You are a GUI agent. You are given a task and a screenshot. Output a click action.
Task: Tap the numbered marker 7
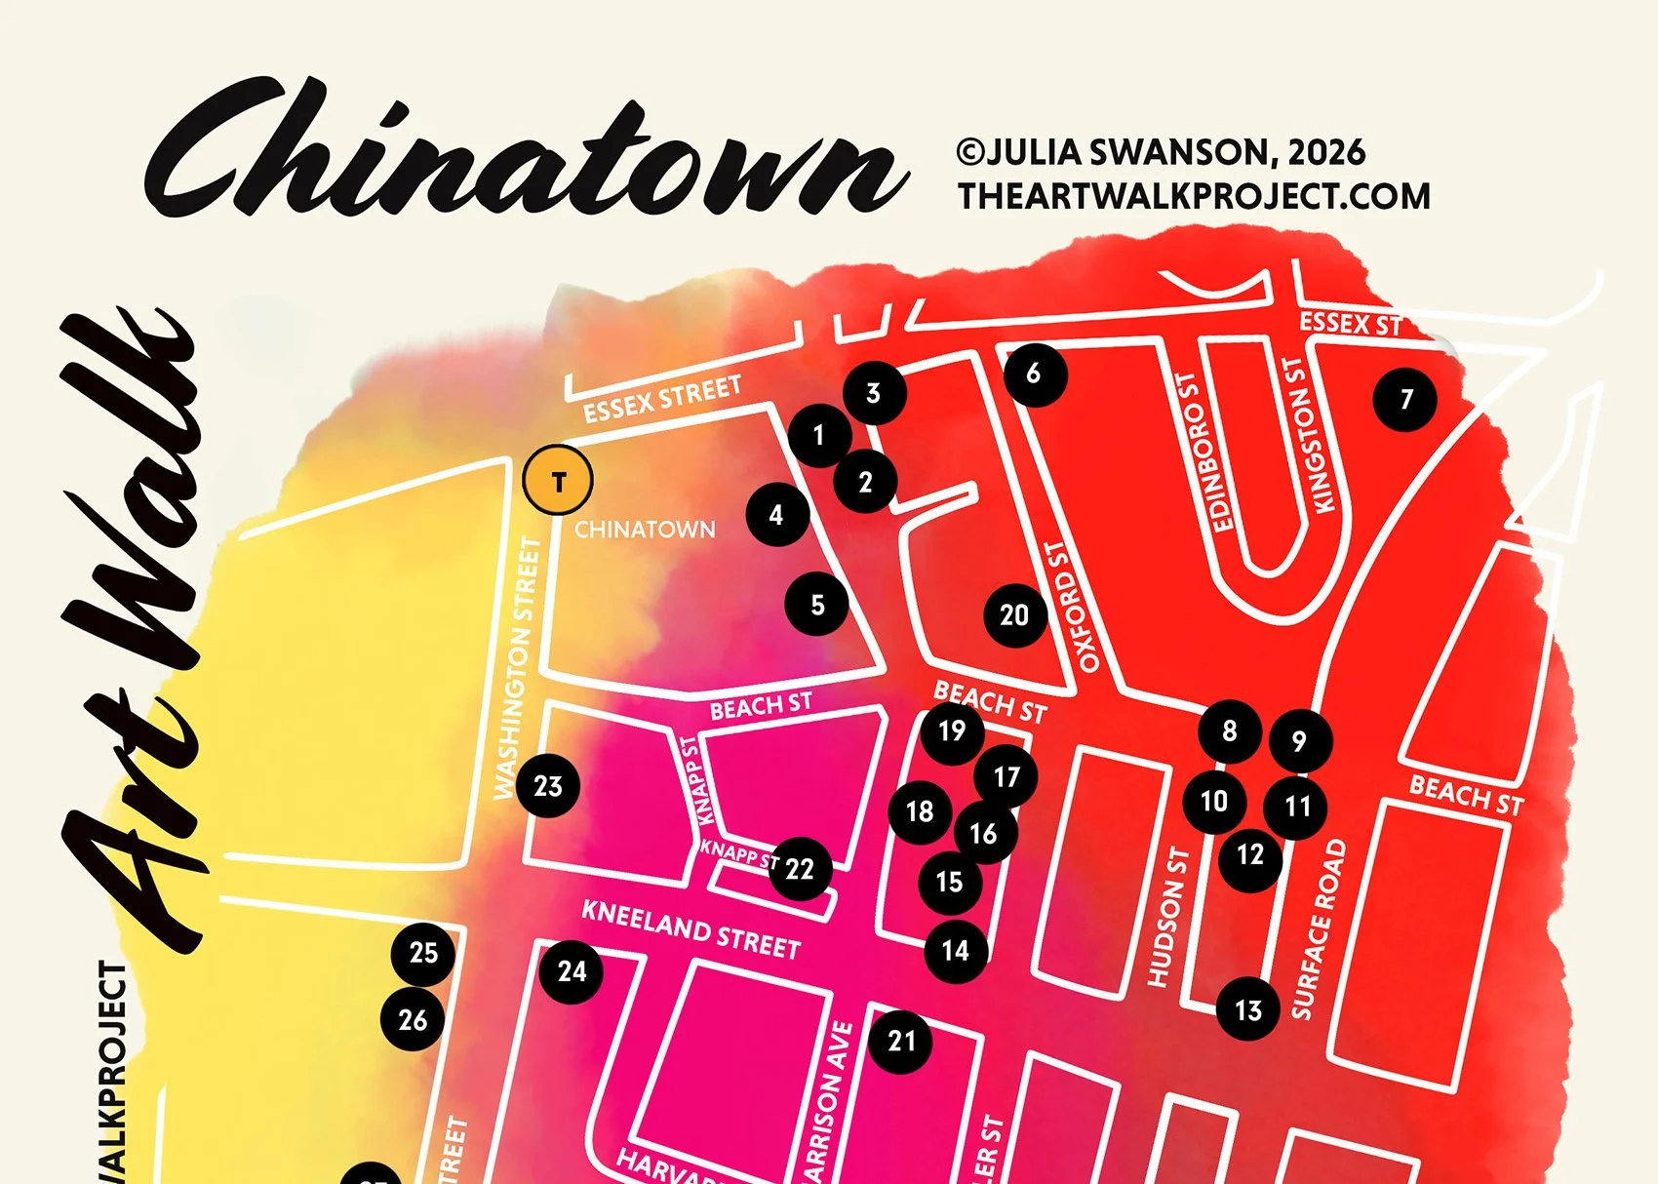1404,398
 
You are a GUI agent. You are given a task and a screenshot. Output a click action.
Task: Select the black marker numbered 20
1014,614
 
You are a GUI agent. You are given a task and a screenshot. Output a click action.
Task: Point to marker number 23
547,786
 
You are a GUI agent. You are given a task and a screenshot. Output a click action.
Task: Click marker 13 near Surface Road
1248,1010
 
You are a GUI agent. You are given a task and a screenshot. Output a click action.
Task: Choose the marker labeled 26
413,1020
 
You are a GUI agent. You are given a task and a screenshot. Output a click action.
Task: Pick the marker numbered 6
1034,374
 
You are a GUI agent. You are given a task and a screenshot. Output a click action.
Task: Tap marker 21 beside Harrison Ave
901,1041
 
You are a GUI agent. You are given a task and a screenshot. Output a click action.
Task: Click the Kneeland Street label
691,929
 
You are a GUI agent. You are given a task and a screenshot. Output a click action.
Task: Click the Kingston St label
1307,434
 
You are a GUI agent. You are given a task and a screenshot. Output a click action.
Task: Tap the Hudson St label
1168,917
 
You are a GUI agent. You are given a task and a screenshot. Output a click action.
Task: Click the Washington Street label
517,668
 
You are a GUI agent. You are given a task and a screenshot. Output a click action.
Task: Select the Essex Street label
662,400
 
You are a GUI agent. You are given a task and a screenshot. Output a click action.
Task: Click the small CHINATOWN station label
645,530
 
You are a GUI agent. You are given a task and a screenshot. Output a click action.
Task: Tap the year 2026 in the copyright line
1325,152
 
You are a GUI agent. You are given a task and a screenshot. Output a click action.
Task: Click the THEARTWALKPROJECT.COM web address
1194,196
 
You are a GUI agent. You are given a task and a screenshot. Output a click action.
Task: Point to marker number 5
817,605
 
